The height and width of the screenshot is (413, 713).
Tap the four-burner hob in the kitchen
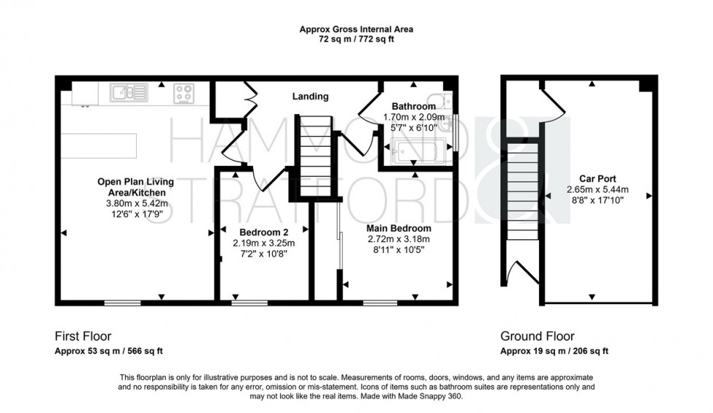(183, 93)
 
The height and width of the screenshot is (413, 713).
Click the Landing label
(310, 96)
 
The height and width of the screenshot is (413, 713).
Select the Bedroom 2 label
(263, 233)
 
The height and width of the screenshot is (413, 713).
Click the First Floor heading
(83, 336)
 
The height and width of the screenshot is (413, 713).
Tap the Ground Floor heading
(537, 336)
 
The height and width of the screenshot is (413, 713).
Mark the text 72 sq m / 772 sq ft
(356, 39)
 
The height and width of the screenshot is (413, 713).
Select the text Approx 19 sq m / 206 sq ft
(554, 351)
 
